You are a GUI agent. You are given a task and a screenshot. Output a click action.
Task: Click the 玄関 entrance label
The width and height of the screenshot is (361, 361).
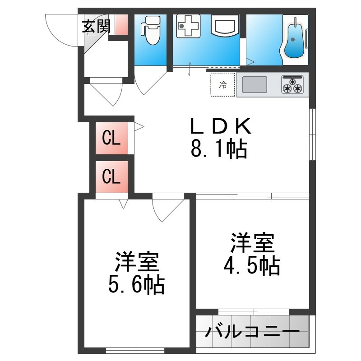97,27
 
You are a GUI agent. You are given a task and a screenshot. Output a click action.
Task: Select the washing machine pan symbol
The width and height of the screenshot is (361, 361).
188,26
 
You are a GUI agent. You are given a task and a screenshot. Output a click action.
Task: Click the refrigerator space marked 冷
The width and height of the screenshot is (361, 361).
223,84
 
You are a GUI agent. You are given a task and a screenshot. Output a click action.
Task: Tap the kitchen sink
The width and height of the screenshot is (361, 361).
255,84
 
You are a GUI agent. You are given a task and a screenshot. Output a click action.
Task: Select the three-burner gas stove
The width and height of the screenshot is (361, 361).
292,84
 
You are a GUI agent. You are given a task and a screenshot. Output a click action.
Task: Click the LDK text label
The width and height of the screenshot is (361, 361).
221,126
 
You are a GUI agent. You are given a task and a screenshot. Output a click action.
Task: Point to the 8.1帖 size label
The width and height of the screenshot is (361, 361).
219,149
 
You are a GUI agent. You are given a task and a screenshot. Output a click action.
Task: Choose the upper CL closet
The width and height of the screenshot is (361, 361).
111,138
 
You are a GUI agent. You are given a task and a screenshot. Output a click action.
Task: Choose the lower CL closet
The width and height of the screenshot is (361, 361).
111,176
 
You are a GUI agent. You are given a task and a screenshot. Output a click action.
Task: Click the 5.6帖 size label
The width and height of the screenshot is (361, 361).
136,285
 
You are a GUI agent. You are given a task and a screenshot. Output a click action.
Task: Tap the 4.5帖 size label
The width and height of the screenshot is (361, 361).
252,266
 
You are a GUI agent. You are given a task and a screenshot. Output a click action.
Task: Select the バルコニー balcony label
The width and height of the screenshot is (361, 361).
252,332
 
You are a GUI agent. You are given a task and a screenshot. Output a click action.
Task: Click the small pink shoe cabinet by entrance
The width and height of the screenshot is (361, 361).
121,25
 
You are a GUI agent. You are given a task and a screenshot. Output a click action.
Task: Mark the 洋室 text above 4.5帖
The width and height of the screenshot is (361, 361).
253,243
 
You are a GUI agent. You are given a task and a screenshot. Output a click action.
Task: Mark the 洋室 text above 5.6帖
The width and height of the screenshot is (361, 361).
137,262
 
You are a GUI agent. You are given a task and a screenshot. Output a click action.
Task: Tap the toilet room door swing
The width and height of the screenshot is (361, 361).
150,83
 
